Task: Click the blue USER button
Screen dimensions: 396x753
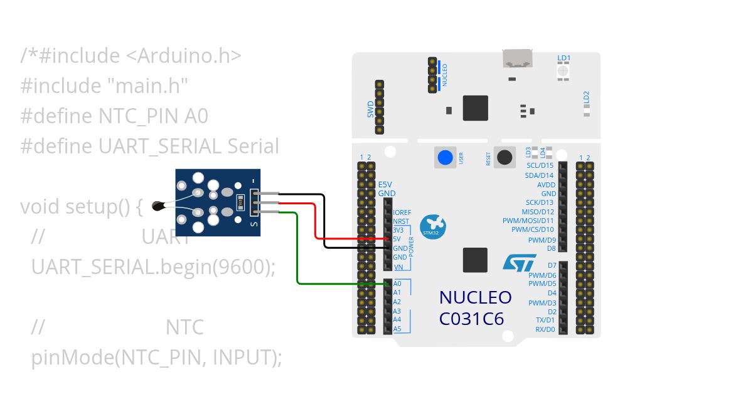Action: (x=446, y=157)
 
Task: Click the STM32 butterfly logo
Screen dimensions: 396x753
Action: (x=432, y=226)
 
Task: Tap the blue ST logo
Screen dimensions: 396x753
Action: (x=520, y=262)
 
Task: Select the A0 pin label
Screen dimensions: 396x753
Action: (x=397, y=283)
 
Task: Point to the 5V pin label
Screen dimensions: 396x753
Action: (x=397, y=239)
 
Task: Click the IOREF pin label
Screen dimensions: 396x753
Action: (x=402, y=212)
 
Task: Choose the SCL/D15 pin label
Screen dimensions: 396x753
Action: (x=540, y=165)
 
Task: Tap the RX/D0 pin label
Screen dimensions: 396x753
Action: (x=545, y=329)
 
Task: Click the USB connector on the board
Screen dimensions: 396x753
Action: (x=516, y=59)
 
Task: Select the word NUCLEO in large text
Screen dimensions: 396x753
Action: (x=475, y=297)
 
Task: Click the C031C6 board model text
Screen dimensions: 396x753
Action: (x=471, y=319)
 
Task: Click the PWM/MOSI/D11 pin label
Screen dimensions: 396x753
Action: (x=528, y=221)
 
